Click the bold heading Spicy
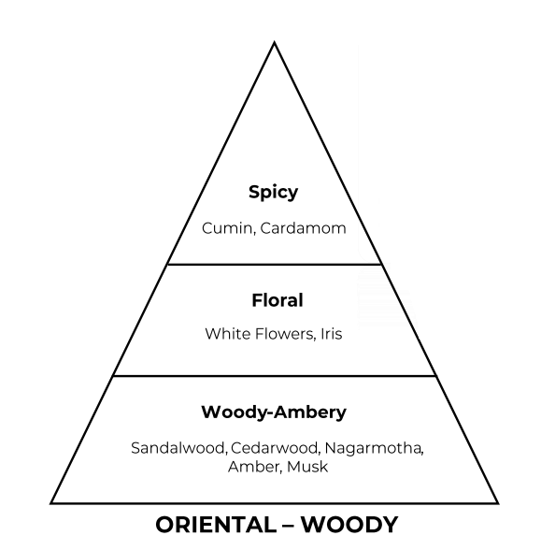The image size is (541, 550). [x=273, y=193]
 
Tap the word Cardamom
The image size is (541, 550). [x=303, y=228]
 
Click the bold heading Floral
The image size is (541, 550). [x=278, y=300]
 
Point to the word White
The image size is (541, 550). [x=228, y=333]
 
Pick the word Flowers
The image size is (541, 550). [x=285, y=334]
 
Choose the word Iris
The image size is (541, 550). [x=332, y=333]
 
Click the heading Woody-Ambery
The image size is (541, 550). [x=274, y=412]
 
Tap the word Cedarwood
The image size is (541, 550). [x=275, y=448]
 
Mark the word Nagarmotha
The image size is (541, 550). [x=374, y=448]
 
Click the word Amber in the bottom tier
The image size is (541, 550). [x=254, y=467]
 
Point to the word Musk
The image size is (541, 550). [x=307, y=467]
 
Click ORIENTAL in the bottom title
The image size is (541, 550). [x=216, y=525]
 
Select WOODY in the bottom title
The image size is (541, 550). [x=349, y=525]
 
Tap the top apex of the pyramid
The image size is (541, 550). [x=275, y=42]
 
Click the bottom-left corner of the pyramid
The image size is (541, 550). [x=51, y=503]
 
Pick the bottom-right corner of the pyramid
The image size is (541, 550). [x=498, y=503]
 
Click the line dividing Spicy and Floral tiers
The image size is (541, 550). [x=275, y=264]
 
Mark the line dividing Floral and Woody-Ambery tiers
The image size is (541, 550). [x=275, y=376]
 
